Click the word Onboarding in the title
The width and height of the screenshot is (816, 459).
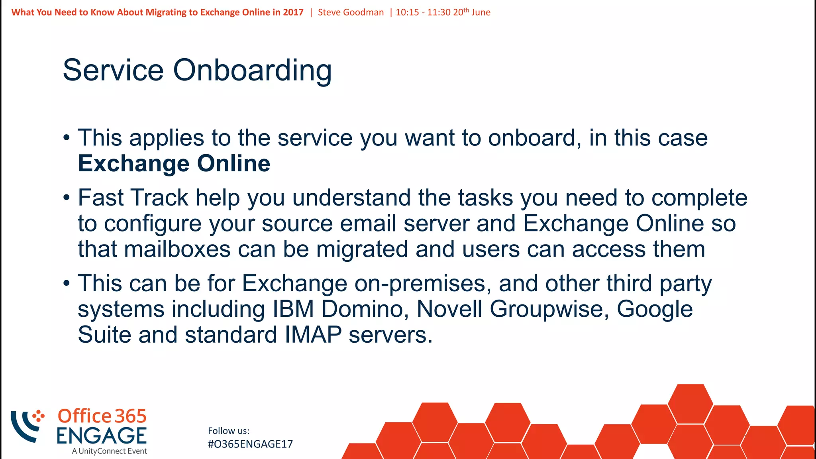click(252, 71)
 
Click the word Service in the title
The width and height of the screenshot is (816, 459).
click(113, 71)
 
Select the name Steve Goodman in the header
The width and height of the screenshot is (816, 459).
click(351, 12)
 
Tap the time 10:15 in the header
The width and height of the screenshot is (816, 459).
click(407, 12)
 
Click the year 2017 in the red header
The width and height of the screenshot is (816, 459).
click(293, 12)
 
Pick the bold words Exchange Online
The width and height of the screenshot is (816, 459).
click(174, 164)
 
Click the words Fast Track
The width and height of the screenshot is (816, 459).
click(133, 198)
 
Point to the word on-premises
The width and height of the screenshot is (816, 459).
click(420, 284)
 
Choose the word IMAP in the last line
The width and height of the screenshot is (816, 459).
click(313, 335)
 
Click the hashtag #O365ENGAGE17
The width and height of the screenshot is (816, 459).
click(250, 444)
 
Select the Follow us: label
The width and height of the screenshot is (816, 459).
click(229, 431)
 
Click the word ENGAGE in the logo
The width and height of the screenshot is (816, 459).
click(102, 435)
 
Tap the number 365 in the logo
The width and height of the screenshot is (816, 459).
click(131, 416)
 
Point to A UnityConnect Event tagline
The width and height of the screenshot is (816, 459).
click(110, 451)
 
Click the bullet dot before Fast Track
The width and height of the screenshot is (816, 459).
click(67, 198)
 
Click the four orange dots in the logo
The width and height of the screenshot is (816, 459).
click(38, 416)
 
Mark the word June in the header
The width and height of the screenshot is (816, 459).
click(481, 12)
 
